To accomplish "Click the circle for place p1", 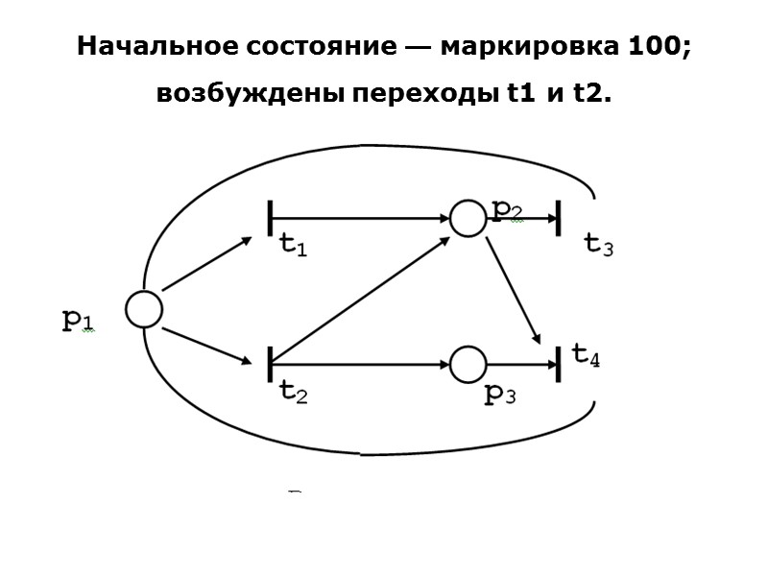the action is (x=144, y=309).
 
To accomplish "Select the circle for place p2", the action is (x=468, y=218).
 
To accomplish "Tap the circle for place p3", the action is (x=468, y=364).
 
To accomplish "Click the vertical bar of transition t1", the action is (x=272, y=218).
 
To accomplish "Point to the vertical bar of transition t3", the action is (x=559, y=218).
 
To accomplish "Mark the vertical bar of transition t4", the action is (x=559, y=364).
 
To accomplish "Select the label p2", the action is (x=507, y=209).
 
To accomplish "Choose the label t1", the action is (x=293, y=246).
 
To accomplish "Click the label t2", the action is (x=293, y=391).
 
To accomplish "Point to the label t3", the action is (x=599, y=245).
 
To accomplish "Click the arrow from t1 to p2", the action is (x=365, y=218).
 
